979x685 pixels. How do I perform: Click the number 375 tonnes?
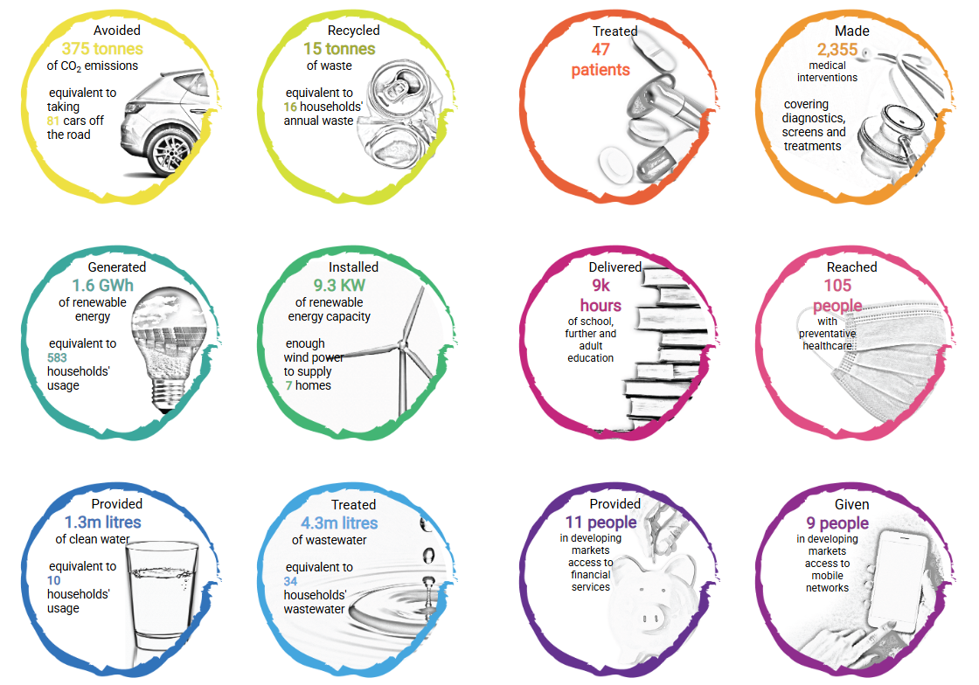102,49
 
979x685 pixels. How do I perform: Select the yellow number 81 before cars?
53,121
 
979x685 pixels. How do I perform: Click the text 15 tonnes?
339,49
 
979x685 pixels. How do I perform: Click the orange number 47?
601,49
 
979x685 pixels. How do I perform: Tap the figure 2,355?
837,49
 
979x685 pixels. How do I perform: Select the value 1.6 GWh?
102,285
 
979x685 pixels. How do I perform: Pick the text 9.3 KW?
339,285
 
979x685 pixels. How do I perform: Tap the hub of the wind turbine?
403,345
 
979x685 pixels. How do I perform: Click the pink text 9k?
601,285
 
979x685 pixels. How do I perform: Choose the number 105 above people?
837,285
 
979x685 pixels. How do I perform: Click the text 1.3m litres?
102,522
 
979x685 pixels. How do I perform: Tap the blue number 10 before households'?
53,580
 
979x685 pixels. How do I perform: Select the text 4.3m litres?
339,522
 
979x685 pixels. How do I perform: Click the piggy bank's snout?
650,618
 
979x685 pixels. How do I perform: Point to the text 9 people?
837,522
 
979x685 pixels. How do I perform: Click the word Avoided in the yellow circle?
117,30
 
